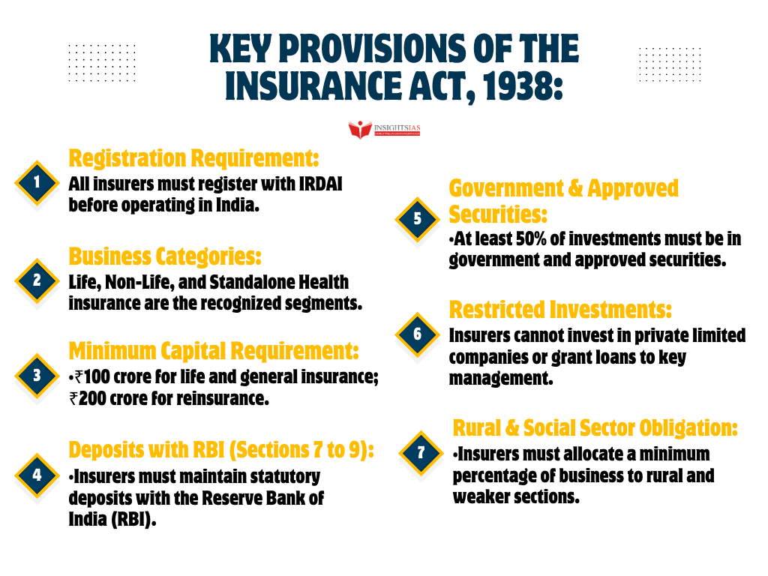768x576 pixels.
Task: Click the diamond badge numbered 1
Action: pos(37,182)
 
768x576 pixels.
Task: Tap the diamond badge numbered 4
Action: pos(37,475)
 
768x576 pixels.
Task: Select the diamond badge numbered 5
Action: pos(418,219)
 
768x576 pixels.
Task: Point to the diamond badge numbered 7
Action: pos(421,453)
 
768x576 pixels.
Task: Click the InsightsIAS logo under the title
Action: pos(384,129)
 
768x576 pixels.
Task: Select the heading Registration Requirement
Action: pos(194,158)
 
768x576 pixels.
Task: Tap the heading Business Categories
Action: pos(165,256)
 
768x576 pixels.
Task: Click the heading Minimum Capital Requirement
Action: pos(214,350)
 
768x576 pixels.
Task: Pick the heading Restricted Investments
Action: pos(560,309)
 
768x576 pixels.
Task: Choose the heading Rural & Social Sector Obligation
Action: pos(595,427)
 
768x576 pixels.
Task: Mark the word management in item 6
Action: pos(501,379)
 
